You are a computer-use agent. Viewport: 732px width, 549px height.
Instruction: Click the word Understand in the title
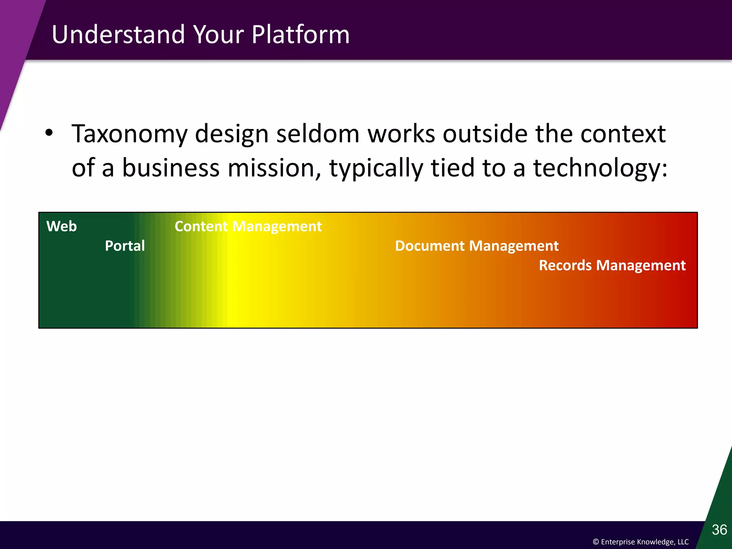tap(118, 35)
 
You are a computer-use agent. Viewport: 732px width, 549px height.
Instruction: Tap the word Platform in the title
tap(300, 35)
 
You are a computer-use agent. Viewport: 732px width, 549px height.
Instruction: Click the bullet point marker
tap(49, 133)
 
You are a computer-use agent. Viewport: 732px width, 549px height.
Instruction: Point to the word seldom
tap(317, 134)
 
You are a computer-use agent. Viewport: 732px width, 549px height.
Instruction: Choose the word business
tap(170, 168)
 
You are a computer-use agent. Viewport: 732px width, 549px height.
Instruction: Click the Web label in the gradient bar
tap(61, 226)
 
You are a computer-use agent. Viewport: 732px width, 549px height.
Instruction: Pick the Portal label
tap(125, 246)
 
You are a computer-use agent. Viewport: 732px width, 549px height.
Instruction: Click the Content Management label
tap(248, 227)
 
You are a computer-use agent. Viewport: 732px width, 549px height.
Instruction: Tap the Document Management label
tap(476, 246)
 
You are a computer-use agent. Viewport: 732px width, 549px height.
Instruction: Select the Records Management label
tap(612, 266)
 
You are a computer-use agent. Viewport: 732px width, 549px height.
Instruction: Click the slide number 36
tap(719, 530)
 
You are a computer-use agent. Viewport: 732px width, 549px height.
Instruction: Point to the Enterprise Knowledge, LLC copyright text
tap(640, 542)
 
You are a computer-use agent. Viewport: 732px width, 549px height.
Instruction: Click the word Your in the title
tap(218, 35)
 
